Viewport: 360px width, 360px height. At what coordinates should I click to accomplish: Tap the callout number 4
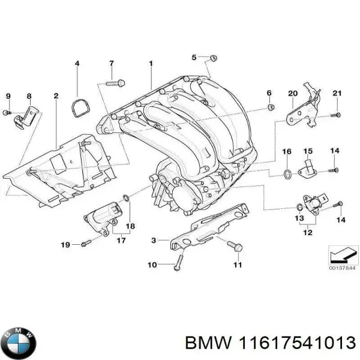77,63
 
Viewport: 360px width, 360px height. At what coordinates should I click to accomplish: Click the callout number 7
111,63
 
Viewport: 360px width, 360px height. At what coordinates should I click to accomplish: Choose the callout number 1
151,63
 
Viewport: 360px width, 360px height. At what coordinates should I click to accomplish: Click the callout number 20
292,93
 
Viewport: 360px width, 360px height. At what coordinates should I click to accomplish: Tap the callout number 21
337,92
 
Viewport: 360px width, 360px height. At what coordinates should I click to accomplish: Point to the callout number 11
238,265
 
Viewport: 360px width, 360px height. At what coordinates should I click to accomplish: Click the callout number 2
56,96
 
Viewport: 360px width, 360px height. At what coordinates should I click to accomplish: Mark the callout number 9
8,96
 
